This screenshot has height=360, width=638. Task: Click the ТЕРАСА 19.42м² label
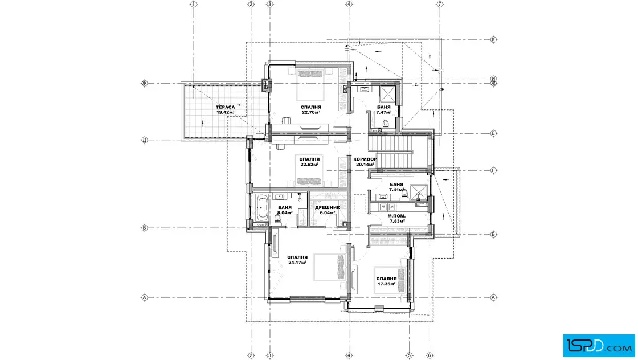(x=226, y=110)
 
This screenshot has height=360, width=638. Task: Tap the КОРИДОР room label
(x=365, y=159)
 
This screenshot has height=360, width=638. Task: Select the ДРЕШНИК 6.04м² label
(x=327, y=210)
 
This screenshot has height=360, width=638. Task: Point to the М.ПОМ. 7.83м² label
(x=396, y=218)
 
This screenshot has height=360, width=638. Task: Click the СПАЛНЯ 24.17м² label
(x=297, y=260)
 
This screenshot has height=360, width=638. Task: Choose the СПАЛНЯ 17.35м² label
(x=387, y=281)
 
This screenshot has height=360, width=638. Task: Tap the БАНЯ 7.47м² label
(x=384, y=110)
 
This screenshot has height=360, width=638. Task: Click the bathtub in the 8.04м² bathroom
(x=261, y=208)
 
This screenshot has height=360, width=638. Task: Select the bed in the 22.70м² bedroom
(x=311, y=85)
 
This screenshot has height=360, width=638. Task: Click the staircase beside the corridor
(x=390, y=152)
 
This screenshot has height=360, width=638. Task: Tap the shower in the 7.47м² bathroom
(x=387, y=95)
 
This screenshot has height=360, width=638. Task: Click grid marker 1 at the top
(x=194, y=4)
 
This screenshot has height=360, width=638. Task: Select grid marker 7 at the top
(x=439, y=4)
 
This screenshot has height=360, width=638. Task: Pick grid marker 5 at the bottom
(x=410, y=355)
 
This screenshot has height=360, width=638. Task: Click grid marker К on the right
(x=493, y=39)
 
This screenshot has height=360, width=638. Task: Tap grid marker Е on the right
(x=493, y=133)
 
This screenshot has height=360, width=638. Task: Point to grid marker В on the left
(x=144, y=228)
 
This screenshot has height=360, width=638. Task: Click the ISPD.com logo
(x=599, y=345)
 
